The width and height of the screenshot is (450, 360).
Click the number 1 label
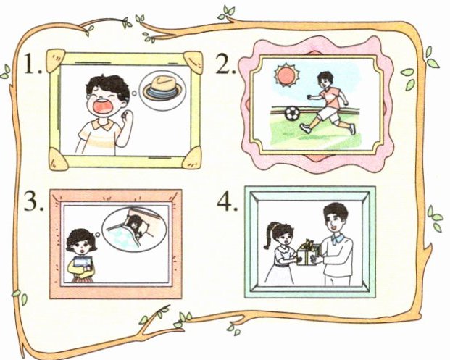(32, 64)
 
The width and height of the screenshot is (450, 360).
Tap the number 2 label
(226, 63)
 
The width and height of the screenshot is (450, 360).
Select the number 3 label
(34, 201)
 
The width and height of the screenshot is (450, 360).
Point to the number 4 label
(227, 200)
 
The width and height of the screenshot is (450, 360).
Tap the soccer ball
(292, 113)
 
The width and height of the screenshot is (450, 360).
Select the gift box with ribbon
(308, 252)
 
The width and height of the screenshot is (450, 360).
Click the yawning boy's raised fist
(126, 114)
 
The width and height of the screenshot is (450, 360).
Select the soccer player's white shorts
(328, 112)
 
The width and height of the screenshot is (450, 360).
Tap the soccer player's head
(325, 80)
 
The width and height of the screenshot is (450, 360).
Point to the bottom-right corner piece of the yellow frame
(193, 158)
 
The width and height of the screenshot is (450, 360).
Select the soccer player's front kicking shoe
(305, 128)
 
